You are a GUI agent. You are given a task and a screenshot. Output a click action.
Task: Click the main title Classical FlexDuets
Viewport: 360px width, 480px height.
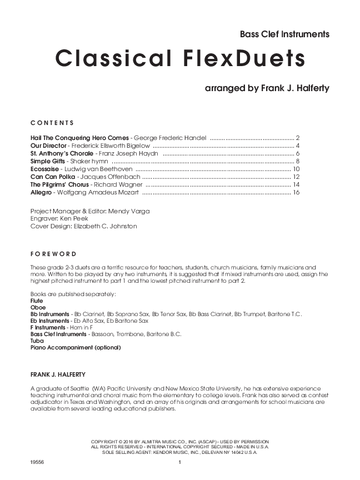point(181,58)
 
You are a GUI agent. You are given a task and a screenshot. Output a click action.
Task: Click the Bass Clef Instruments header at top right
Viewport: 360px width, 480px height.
point(284,34)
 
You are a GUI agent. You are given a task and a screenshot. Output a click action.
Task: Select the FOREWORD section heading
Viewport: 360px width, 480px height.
point(53,253)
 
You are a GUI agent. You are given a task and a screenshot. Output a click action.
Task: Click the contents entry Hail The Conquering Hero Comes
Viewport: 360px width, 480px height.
point(80,137)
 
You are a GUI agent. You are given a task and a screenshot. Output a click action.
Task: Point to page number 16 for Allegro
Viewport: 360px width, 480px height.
point(296,192)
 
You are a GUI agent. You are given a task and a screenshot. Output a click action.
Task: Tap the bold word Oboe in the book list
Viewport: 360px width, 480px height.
point(38,307)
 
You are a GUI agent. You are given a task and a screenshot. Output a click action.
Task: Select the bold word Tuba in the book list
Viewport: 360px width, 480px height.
point(37,341)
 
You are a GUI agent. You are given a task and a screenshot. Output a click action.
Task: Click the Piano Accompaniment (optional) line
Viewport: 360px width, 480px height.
point(75,348)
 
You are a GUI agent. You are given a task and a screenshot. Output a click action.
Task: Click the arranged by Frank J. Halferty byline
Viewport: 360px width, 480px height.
point(267,88)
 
